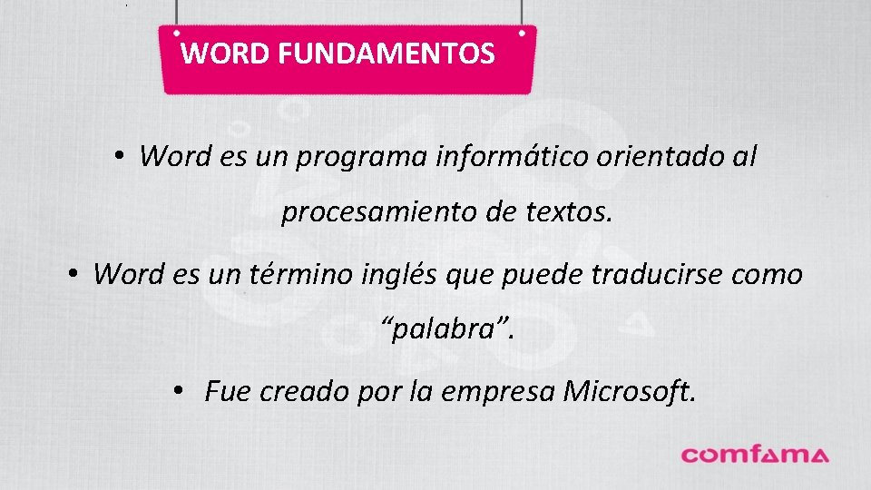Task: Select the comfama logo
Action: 755,454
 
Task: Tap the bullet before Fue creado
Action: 181,390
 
